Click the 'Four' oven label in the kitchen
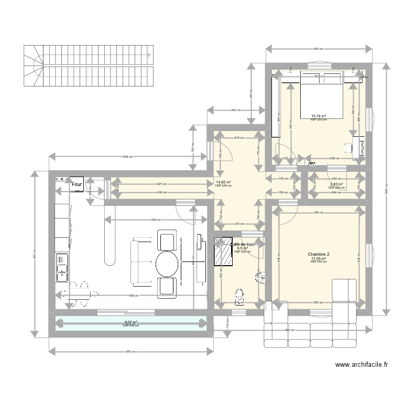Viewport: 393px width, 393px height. pyautogui.click(x=77, y=184)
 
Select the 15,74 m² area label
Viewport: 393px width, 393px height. pyautogui.click(x=318, y=116)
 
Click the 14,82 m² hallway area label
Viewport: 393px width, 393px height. pyautogui.click(x=223, y=182)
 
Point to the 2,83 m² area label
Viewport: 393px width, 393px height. pyautogui.click(x=336, y=184)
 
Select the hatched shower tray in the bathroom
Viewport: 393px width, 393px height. pyautogui.click(x=224, y=256)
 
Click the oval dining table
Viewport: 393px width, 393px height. pyautogui.click(x=167, y=264)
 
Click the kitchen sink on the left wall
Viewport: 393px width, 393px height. pyautogui.click(x=62, y=267)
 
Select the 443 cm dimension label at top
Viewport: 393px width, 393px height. pyautogui.click(x=318, y=49)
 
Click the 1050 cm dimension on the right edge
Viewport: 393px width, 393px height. pyautogui.click(x=386, y=192)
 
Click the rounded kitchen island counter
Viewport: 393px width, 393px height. pyautogui.click(x=110, y=241)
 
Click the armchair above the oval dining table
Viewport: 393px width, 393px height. pyautogui.click(x=167, y=242)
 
